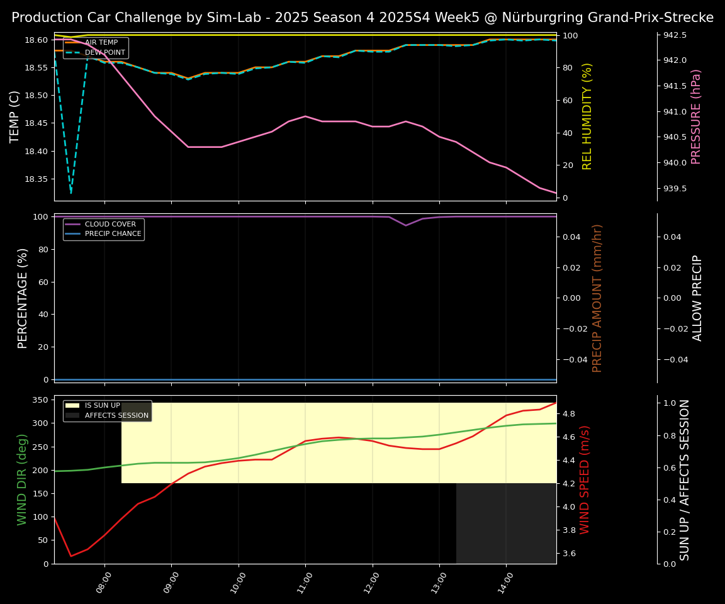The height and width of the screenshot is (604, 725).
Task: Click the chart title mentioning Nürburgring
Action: [362, 18]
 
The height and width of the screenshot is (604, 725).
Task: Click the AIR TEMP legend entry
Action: [101, 43]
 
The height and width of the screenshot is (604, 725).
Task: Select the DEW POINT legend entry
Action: [104, 53]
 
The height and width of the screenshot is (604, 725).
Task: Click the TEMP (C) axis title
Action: [15, 116]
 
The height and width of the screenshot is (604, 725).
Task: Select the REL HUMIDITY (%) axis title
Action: [587, 116]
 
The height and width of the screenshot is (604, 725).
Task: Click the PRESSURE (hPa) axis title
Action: [696, 116]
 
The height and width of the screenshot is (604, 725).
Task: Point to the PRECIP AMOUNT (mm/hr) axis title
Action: [597, 298]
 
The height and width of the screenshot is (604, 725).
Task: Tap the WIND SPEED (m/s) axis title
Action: [585, 479]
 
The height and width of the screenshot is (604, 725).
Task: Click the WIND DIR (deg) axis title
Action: [23, 479]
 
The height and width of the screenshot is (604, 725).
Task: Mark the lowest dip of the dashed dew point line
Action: [70, 193]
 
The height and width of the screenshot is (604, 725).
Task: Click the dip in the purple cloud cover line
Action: [406, 225]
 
